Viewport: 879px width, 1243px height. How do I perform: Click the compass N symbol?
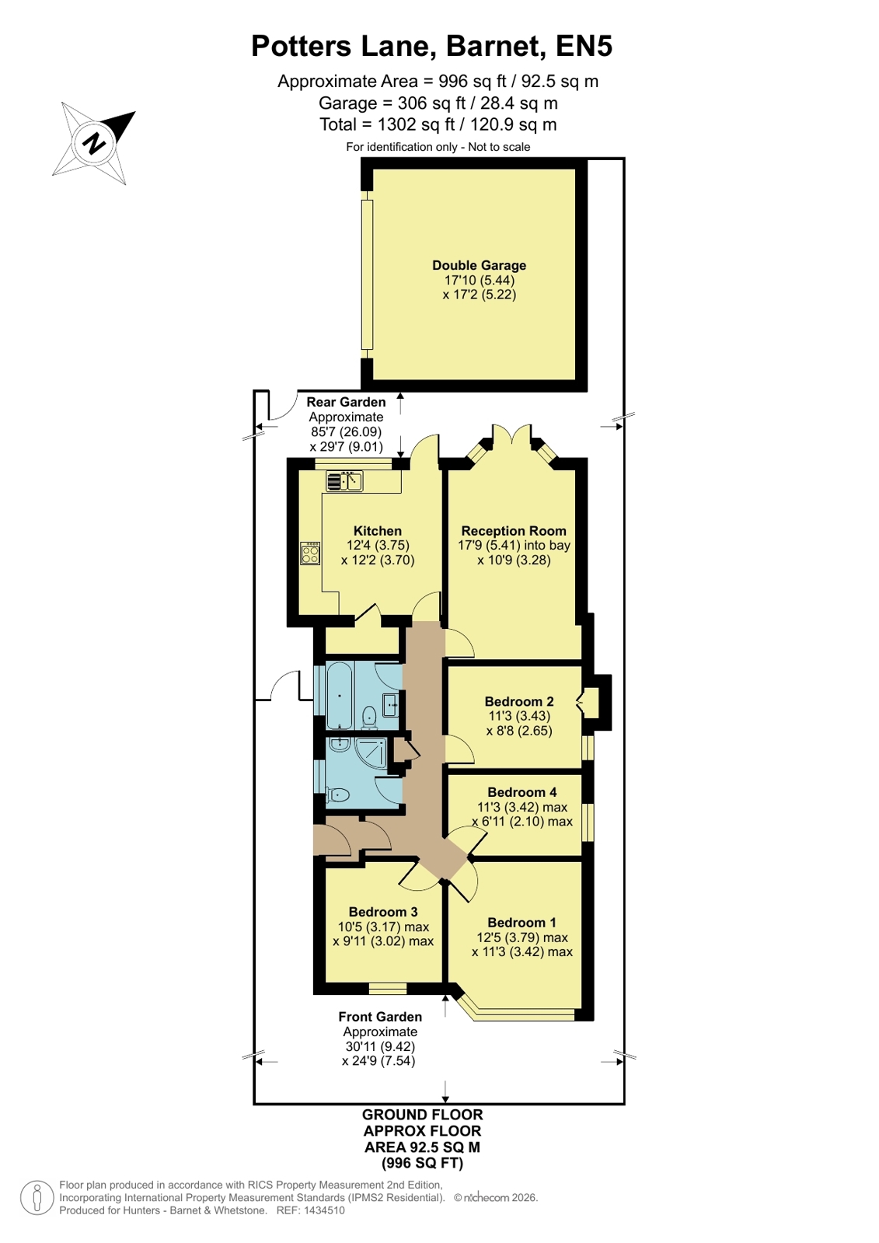94,142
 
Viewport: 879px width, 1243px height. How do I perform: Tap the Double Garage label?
479,265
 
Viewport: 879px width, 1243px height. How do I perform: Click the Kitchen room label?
378,530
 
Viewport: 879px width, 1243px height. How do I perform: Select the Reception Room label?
514,530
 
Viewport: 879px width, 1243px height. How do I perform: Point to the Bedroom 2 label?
519,701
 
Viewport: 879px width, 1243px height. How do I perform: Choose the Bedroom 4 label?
521,792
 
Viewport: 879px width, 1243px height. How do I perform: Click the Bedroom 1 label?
521,922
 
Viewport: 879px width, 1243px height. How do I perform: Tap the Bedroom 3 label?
383,912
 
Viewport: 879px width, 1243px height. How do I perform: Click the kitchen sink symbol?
344,481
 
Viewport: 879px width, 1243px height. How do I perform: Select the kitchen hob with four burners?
310,553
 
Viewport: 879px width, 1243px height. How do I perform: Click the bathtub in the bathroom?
339,695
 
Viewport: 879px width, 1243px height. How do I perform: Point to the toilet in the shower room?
337,795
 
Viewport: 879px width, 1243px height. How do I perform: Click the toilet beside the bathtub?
369,718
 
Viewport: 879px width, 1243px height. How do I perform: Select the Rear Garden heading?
346,402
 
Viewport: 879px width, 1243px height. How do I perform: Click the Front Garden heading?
380,1017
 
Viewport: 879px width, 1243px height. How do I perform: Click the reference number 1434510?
323,1210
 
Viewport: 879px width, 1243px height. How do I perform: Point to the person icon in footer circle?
37,1198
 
